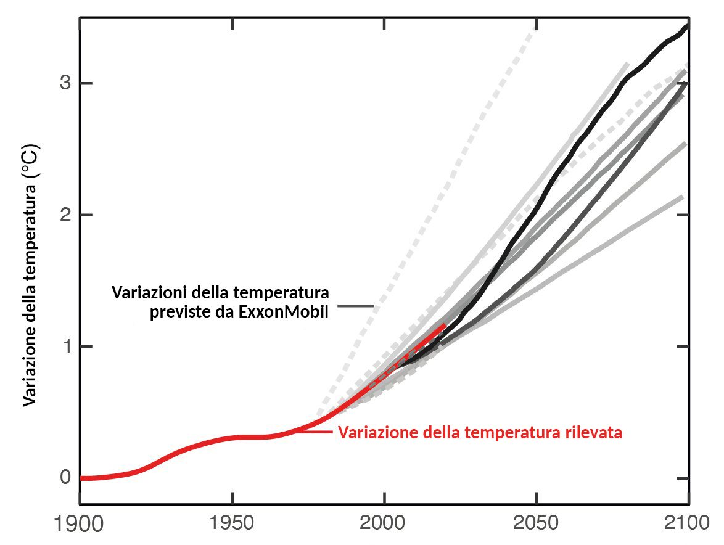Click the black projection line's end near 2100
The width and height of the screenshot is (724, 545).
(687, 27)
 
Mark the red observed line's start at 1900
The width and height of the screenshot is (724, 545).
(82, 478)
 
